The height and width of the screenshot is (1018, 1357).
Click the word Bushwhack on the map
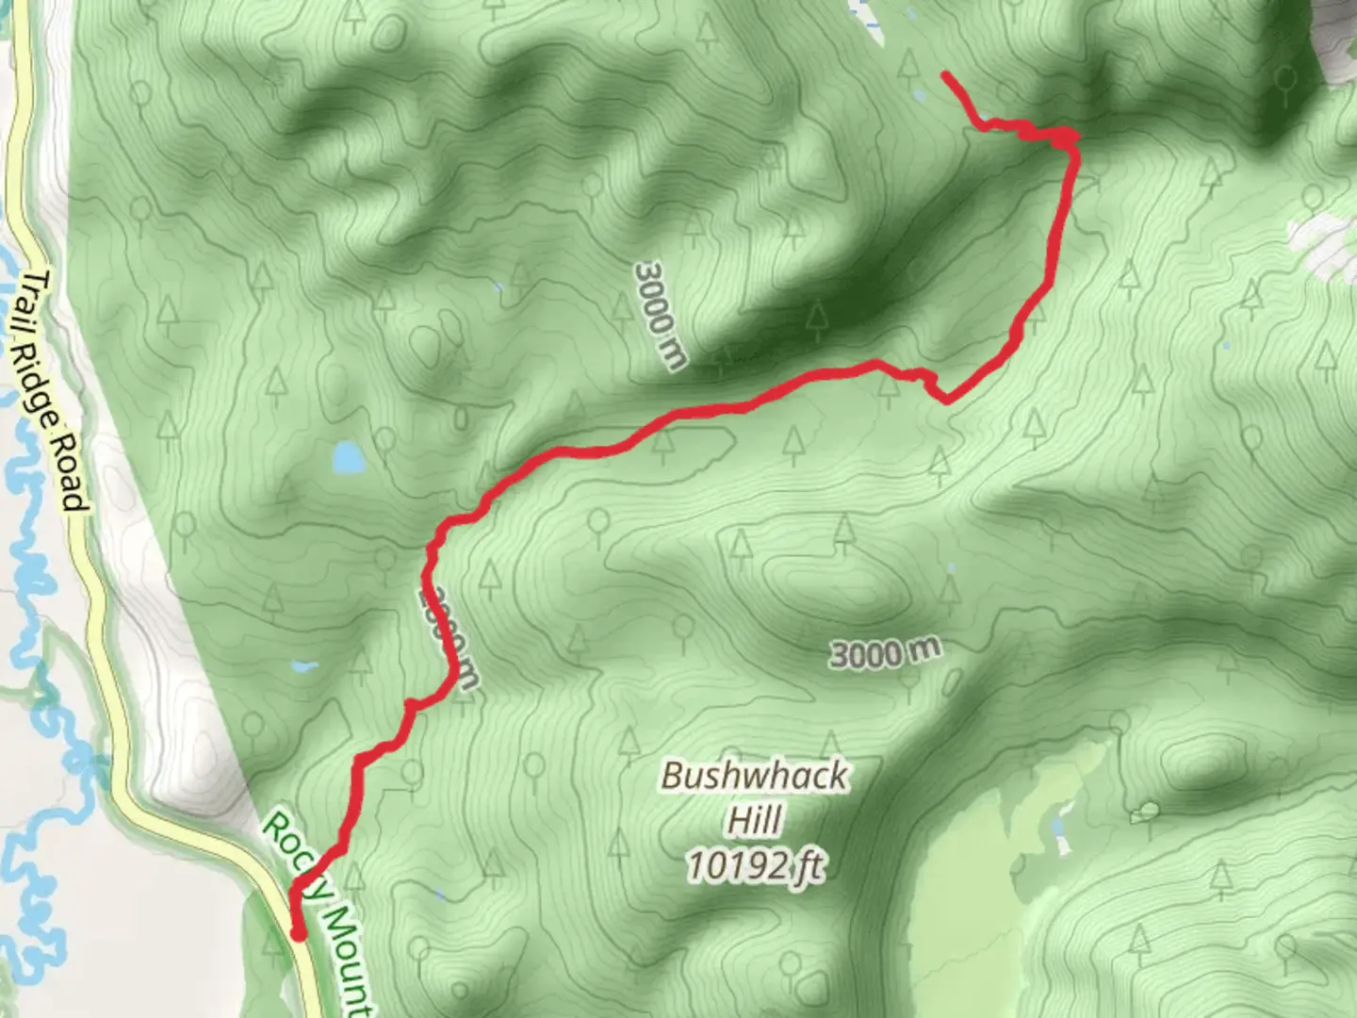tap(754, 776)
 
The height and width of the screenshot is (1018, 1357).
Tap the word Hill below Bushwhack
tap(754, 819)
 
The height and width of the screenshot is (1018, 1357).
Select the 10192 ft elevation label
tap(754, 864)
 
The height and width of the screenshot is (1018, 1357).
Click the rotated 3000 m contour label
tap(661, 316)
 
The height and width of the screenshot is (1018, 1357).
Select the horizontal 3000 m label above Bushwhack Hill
tap(886, 651)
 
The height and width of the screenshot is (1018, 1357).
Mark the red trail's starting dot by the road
tap(299, 935)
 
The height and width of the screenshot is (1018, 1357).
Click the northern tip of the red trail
tap(945, 74)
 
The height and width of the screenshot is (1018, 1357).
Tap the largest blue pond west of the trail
tap(348, 458)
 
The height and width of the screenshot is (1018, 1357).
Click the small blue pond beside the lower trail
tap(303, 666)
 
